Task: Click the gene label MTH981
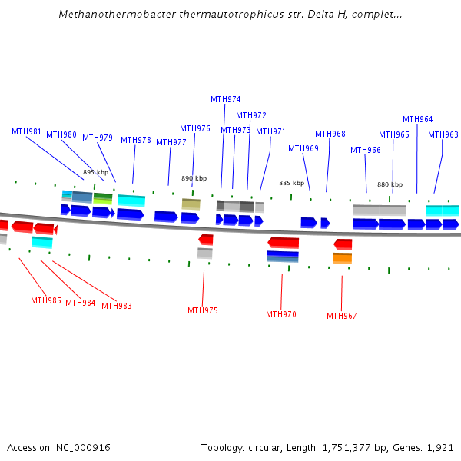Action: (26, 131)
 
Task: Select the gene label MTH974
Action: (225, 99)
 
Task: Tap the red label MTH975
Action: (203, 310)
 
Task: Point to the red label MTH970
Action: (281, 314)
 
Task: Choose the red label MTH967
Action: (342, 316)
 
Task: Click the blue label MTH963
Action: (443, 134)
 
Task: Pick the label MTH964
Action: (417, 119)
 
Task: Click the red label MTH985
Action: (46, 300)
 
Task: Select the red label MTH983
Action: (117, 306)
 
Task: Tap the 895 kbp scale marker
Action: (95, 172)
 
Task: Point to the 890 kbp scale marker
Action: (194, 178)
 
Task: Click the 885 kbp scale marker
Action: (291, 183)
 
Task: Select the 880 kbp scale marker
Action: (390, 184)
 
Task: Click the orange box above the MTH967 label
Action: (343, 257)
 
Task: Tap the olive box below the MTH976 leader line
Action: (191, 204)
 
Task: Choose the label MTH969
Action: (303, 148)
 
